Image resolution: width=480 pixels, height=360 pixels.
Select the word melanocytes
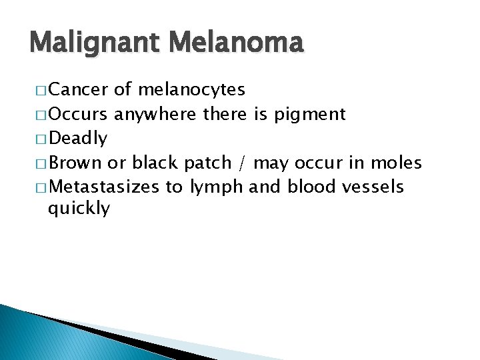192,90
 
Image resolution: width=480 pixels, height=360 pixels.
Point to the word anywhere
156,115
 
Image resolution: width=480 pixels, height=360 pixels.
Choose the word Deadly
78,139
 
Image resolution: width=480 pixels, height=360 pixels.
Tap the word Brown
75,163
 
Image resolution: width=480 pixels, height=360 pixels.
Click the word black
155,163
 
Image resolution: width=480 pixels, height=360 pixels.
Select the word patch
208,163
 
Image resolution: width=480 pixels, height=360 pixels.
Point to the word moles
397,163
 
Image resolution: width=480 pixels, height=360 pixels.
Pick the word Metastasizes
104,187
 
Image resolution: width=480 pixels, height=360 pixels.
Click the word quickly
79,209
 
